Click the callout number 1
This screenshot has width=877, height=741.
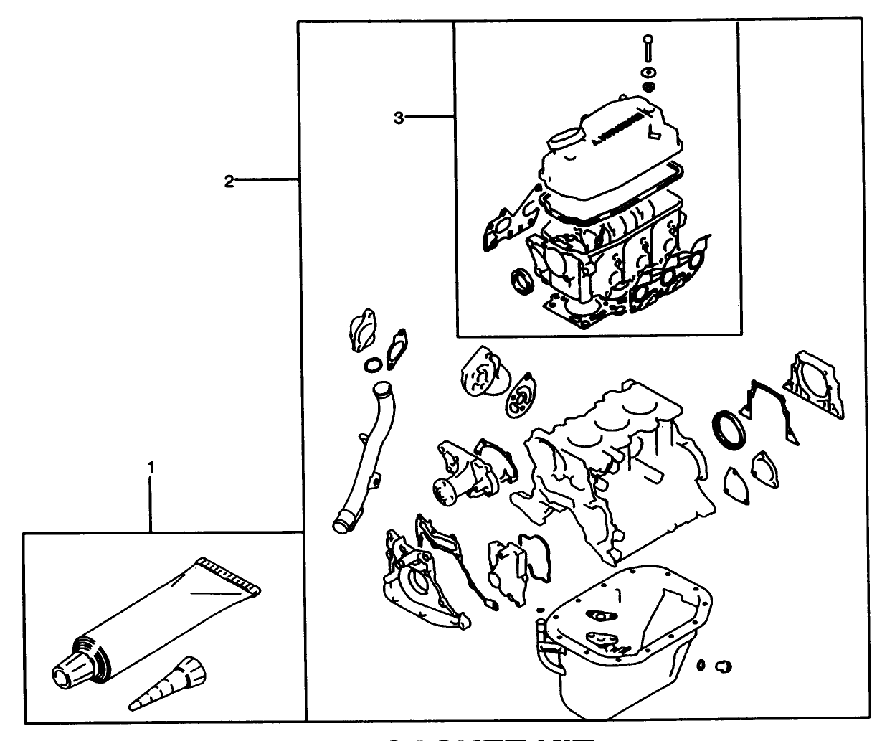pos(151,468)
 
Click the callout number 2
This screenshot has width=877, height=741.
pos(228,181)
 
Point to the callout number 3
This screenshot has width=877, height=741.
pos(399,117)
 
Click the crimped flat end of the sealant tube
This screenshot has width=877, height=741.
pos(230,577)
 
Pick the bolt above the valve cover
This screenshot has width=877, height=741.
pos(648,47)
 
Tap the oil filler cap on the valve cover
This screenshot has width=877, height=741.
pos(564,138)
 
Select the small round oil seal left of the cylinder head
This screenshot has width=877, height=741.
pos(521,282)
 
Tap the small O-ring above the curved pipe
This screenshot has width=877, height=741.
pos(372,367)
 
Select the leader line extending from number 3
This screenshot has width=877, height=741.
pos(430,117)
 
